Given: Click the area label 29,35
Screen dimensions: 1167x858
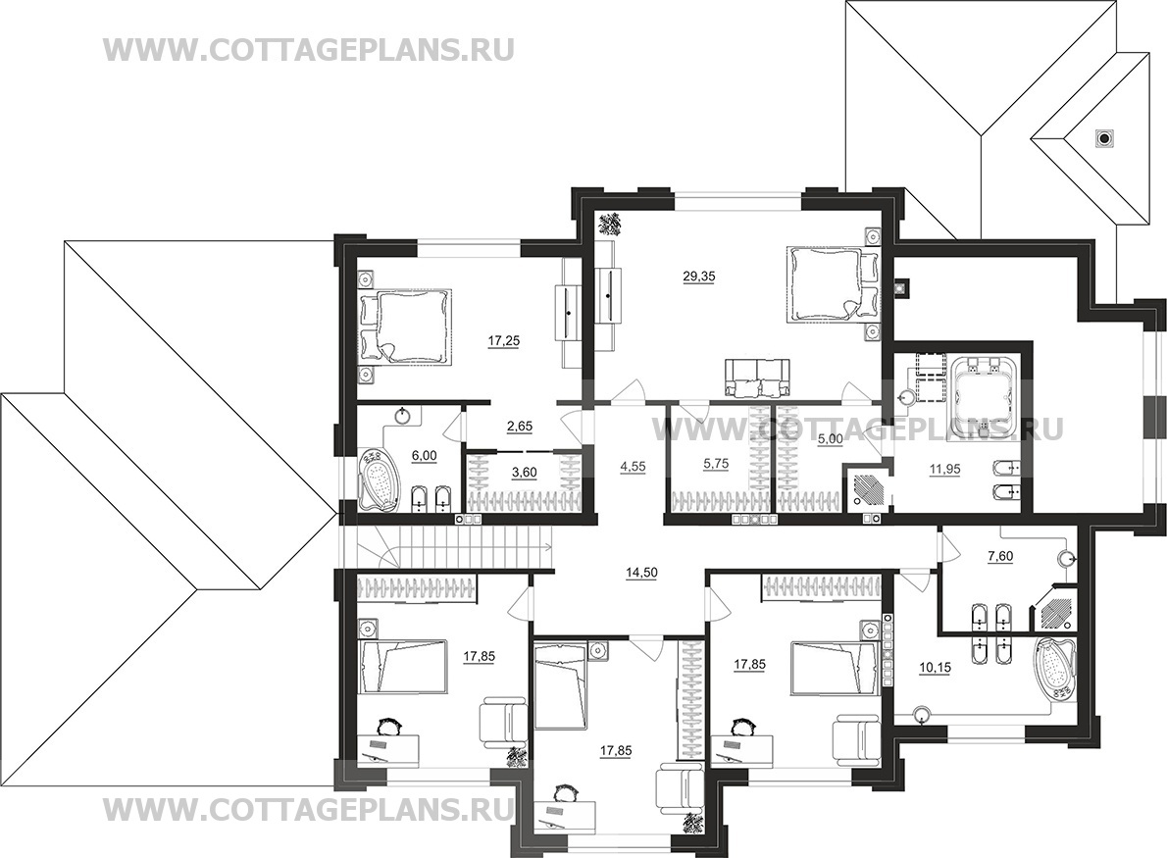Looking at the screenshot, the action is coord(699,277).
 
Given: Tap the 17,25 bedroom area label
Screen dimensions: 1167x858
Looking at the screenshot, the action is coord(504,341).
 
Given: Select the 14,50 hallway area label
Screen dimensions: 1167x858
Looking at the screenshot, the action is coord(639,573).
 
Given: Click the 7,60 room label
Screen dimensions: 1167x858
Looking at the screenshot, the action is coord(999,555).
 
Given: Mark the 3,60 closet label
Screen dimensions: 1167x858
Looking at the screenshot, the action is coord(524,471).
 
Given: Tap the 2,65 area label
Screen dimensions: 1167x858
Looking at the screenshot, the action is coord(519,427).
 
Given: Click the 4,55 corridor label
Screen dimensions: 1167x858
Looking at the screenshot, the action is coord(632,468).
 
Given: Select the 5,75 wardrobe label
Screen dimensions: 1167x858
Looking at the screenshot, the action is coord(715,463).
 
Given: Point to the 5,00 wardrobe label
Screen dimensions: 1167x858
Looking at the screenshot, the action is coord(830,439).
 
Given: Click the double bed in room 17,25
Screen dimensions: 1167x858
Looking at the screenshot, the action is coord(406,327).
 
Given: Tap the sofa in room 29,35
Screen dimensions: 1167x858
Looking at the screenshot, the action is coord(755,377).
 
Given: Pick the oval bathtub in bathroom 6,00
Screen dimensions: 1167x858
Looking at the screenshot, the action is coord(380,480).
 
